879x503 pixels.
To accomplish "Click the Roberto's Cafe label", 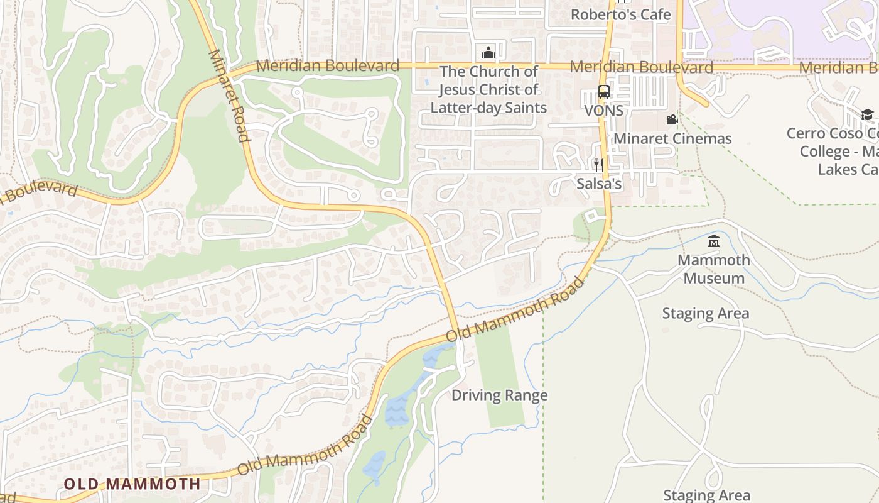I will pos(620,14).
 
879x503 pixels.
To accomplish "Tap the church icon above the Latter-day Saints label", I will pos(488,52).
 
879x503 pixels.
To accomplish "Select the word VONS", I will pos(603,111).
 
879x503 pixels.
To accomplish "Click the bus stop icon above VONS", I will pos(603,92).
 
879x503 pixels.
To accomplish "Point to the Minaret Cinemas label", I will pos(672,138).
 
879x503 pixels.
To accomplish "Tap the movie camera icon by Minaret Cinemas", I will pos(672,119).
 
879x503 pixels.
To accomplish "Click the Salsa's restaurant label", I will pos(599,184).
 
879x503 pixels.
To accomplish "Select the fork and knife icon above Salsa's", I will pos(598,165).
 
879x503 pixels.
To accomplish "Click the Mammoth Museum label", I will pos(714,268).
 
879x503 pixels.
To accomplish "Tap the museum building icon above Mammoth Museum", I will pos(713,241).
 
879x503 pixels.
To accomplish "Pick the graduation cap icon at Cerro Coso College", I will pos(867,114).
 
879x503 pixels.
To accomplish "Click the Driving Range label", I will pos(500,395).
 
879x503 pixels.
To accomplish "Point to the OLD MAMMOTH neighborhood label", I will pos(132,484).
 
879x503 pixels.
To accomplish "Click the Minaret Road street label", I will pos(229,96).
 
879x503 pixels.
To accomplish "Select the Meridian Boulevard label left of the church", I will pos(327,65).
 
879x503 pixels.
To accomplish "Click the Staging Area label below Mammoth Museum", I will pos(705,313).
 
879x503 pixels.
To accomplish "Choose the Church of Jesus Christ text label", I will pos(488,89).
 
